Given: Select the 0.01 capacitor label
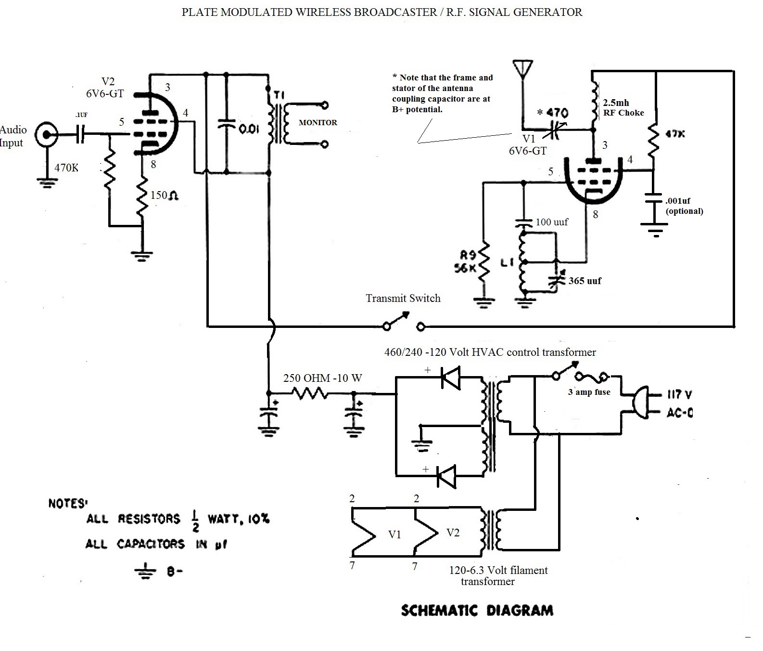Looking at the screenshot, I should [249, 129].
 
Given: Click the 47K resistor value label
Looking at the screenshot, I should [675, 134].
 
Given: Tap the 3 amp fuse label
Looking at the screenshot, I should [589, 392].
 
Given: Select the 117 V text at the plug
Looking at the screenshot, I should [679, 395].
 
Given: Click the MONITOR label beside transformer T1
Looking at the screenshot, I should [318, 122].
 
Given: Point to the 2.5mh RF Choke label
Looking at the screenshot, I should [623, 107].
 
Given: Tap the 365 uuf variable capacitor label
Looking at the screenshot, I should [585, 281].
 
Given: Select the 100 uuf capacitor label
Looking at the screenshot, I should [551, 222].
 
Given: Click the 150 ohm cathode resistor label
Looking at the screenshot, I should [165, 195].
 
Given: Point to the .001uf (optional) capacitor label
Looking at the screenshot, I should [684, 206].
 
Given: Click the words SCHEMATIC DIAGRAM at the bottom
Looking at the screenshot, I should [477, 611].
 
